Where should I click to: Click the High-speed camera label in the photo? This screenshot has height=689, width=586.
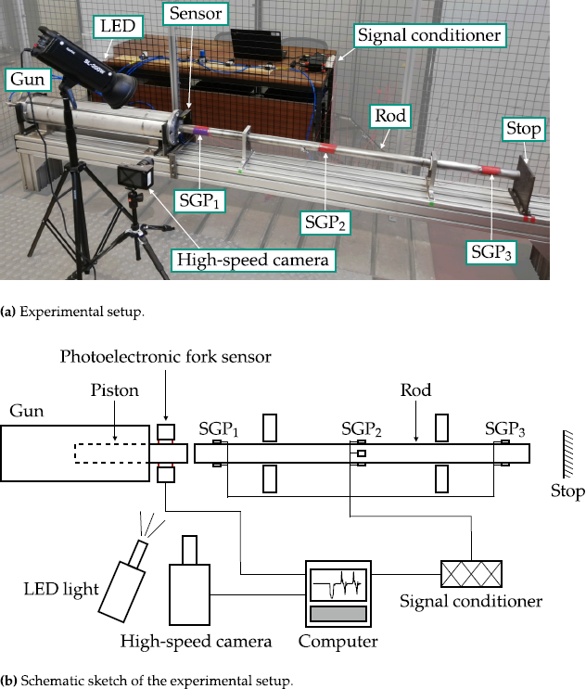tap(253, 260)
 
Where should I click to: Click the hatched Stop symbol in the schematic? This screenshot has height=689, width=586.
tap(565, 455)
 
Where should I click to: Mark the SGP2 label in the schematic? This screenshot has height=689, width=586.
tap(362, 429)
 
